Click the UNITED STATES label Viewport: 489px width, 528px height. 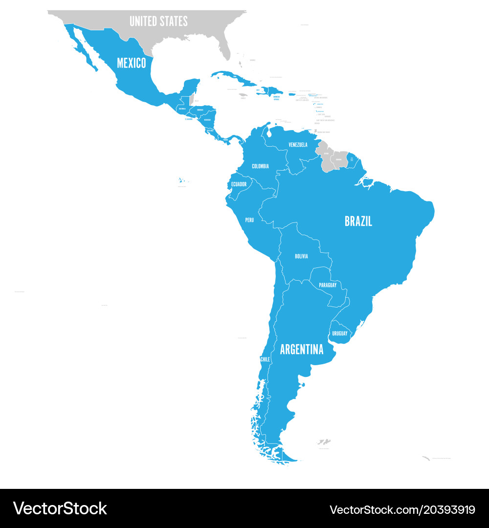click(158, 21)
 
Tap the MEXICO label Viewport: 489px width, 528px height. click(131, 63)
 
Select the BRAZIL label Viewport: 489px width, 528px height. click(358, 221)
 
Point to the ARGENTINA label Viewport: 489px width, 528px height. click(301, 350)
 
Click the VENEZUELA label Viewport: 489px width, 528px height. click(298, 145)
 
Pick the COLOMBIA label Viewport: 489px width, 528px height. click(260, 166)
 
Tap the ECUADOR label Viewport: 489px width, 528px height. click(239, 184)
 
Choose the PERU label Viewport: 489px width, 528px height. click(249, 220)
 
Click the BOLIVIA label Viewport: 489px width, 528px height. click(301, 256)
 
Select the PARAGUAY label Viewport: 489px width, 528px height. click(328, 285)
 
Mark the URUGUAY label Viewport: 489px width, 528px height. click(340, 333)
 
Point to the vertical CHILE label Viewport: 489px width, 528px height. click(265, 359)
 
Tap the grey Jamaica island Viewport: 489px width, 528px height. click(243, 97)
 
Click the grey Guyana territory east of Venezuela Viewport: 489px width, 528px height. click(325, 155)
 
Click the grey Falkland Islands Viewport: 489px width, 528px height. click(324, 442)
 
